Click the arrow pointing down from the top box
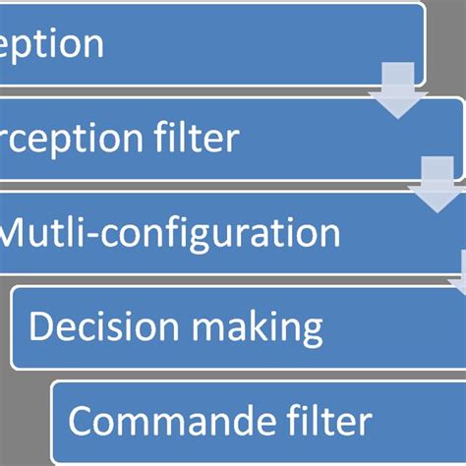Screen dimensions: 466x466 (x=398, y=94)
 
